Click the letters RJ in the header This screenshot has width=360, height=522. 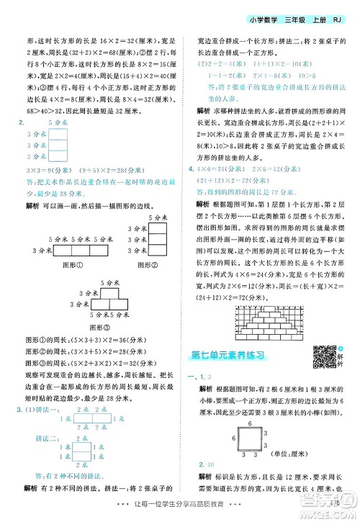point(344,20)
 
